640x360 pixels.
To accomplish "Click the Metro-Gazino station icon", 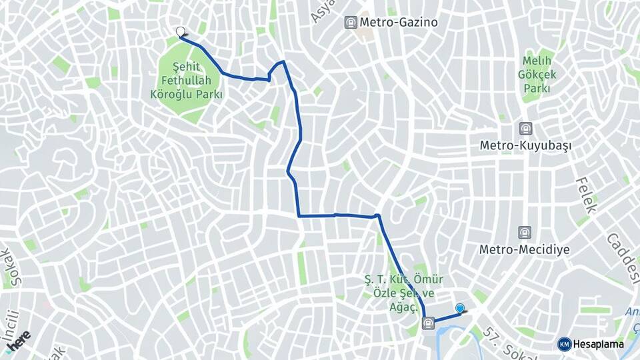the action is (351, 23).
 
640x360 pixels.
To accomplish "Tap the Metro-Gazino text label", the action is (399, 23).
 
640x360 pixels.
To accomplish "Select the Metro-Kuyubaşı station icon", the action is (526, 128).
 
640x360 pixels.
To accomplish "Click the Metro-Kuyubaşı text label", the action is (526, 145).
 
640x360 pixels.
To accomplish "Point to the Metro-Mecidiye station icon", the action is (525, 233).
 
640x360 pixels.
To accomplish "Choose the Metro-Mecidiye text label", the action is (525, 250).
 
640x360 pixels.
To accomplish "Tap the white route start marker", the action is (180, 31).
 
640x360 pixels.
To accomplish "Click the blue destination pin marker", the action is (459, 307).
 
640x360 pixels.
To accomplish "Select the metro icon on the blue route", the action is (427, 324).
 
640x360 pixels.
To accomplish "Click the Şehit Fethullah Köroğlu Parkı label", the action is (187, 81).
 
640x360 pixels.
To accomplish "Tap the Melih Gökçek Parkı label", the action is (537, 75).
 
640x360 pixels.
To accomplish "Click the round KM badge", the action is (564, 344).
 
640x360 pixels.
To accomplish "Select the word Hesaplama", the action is (599, 344).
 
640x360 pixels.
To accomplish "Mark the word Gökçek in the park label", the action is (537, 75).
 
